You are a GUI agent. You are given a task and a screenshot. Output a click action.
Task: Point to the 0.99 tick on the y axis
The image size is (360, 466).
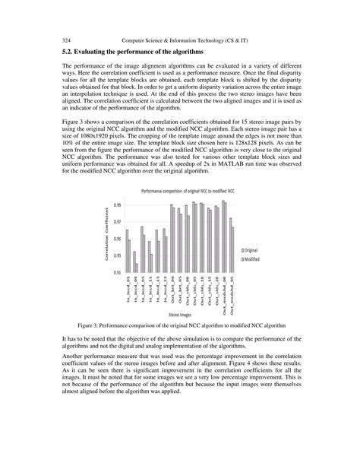(117, 204)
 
